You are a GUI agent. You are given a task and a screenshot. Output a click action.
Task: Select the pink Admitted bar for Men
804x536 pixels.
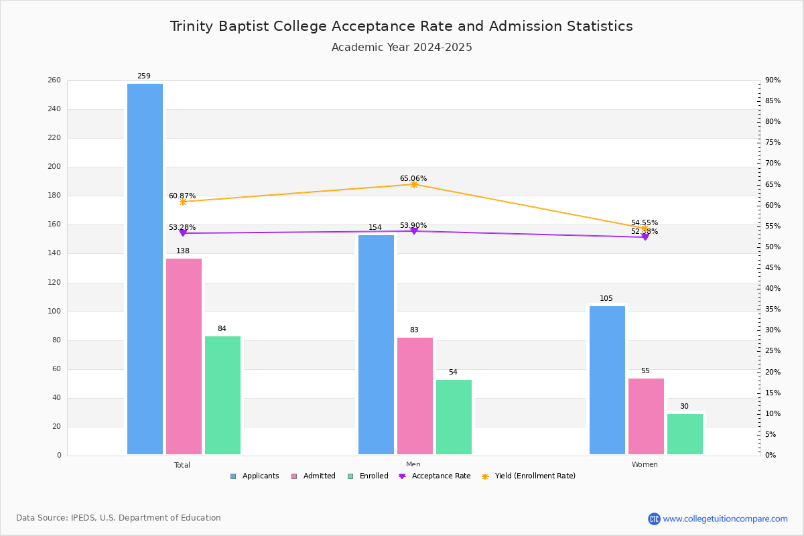click(415, 396)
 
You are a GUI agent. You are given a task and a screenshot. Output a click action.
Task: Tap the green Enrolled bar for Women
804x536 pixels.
click(685, 434)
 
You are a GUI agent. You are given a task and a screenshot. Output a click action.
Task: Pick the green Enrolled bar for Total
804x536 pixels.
click(222, 395)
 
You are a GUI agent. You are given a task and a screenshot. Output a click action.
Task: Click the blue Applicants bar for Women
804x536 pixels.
click(607, 381)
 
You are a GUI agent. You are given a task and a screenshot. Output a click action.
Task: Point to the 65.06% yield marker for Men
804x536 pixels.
click(414, 184)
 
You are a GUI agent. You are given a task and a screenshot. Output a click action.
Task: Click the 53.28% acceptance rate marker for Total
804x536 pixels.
click(183, 233)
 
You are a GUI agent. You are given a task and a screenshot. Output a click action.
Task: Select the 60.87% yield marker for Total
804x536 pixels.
click(183, 202)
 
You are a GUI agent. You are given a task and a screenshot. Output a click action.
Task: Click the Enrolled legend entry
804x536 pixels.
click(368, 476)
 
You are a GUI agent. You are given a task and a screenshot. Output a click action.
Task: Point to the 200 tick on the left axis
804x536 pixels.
click(54, 167)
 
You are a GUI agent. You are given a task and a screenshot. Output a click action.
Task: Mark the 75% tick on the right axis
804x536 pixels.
click(773, 143)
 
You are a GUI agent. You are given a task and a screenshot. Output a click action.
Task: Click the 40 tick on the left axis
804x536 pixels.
click(56, 398)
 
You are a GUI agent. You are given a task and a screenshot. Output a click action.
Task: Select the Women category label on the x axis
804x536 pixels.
click(645, 465)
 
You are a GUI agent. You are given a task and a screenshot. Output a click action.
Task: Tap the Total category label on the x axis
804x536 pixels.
click(182, 465)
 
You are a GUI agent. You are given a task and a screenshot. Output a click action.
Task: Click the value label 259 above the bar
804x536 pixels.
click(144, 76)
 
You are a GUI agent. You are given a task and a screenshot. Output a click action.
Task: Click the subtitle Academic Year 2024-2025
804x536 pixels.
click(402, 48)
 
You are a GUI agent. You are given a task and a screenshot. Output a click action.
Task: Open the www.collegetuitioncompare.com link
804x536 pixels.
click(725, 519)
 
